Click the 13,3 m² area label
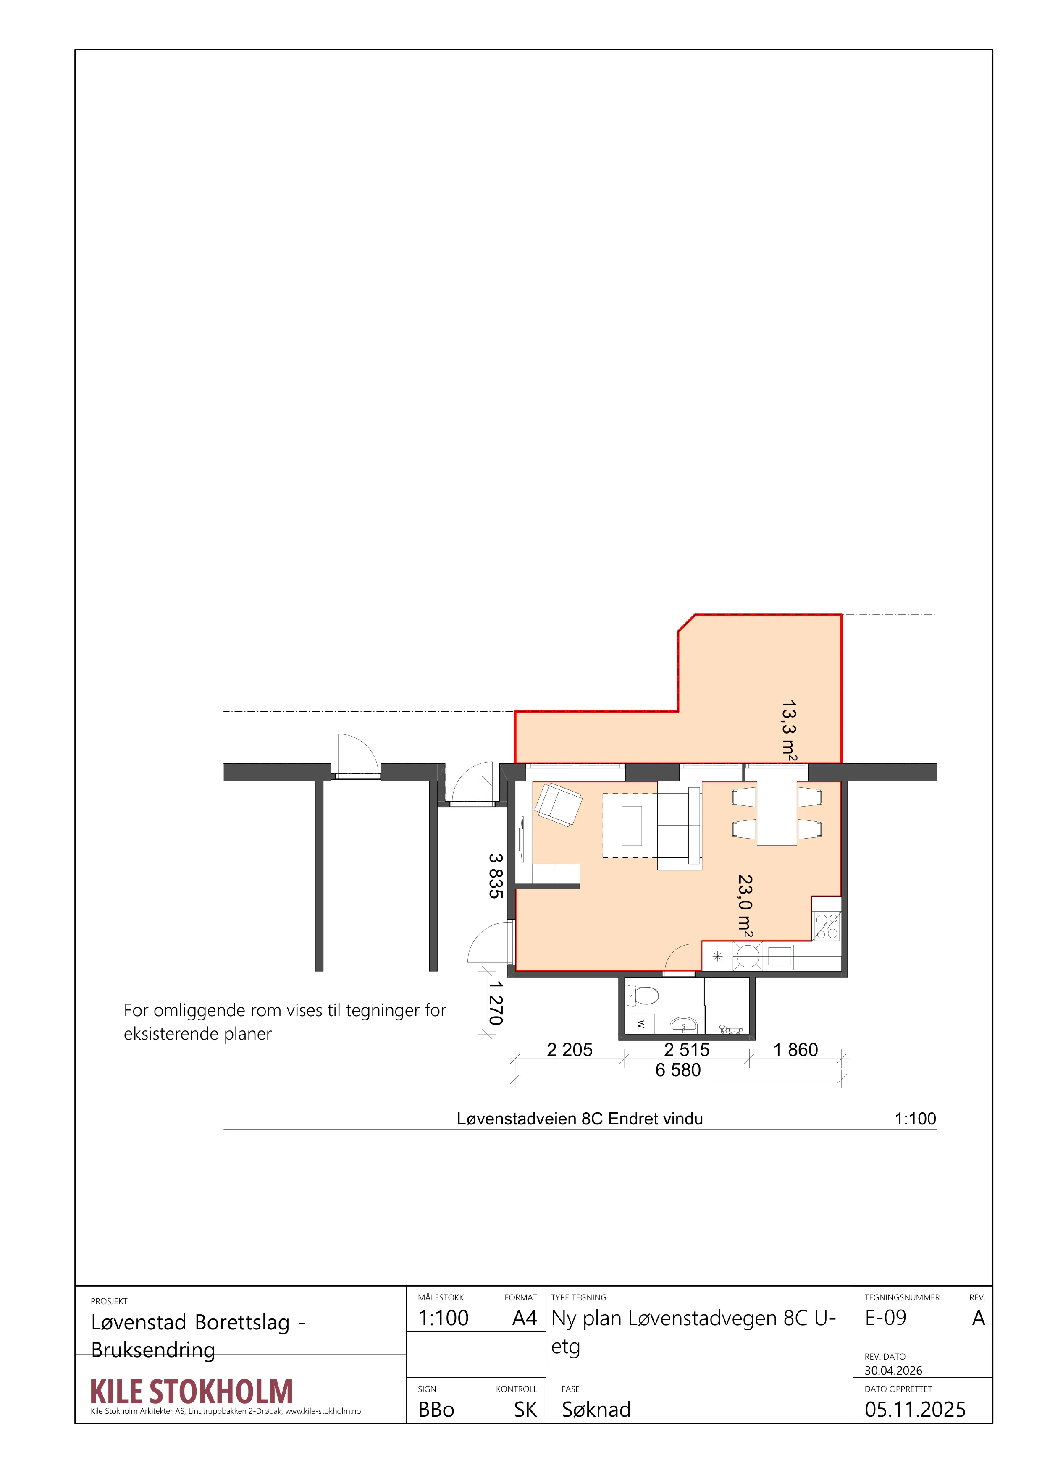coord(789,731)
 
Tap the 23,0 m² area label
coord(745,906)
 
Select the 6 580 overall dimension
coord(678,1070)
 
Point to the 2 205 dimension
coord(570,1050)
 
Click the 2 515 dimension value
coord(687,1050)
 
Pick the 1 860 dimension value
coord(795,1050)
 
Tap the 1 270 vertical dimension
coord(495,1003)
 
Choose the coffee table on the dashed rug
coord(632,826)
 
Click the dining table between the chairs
coord(777,813)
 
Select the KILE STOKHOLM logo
coord(192,1392)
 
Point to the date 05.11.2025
coord(915,1410)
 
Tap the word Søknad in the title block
coord(596,1410)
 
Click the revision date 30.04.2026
coord(893,1371)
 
